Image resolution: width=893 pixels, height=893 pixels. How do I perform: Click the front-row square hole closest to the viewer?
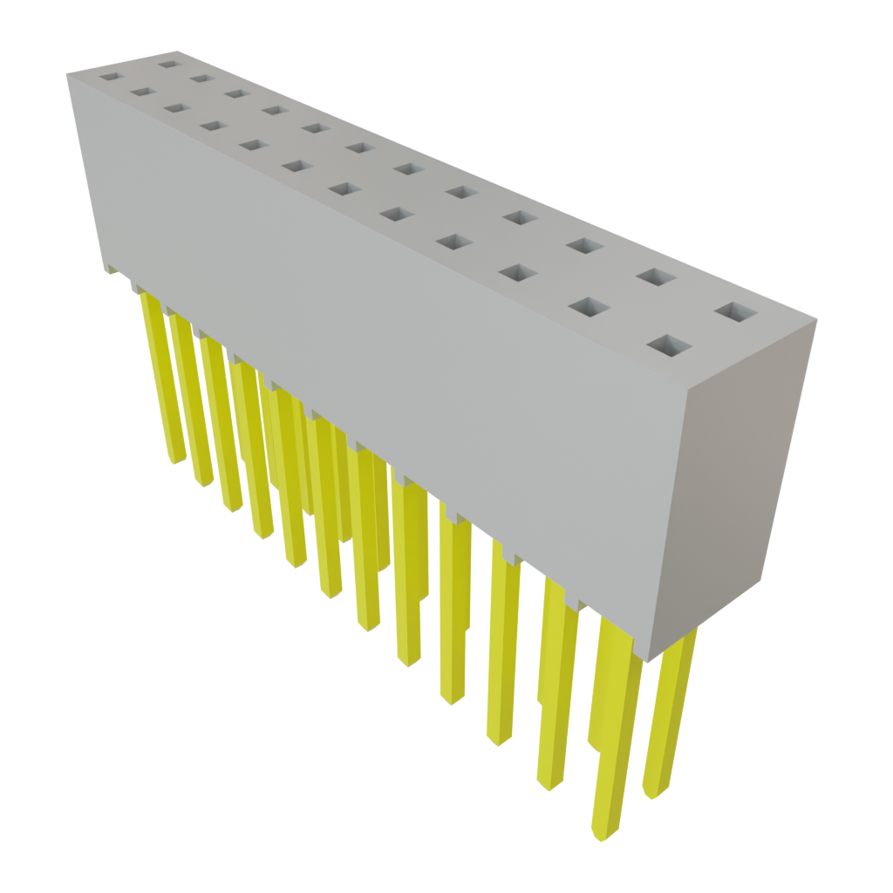[x=670, y=345]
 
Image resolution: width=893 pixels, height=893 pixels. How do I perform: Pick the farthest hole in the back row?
[x=167, y=63]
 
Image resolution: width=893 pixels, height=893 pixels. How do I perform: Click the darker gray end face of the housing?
[x=750, y=488]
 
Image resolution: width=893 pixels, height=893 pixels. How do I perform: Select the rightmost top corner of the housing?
[x=821, y=321]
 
